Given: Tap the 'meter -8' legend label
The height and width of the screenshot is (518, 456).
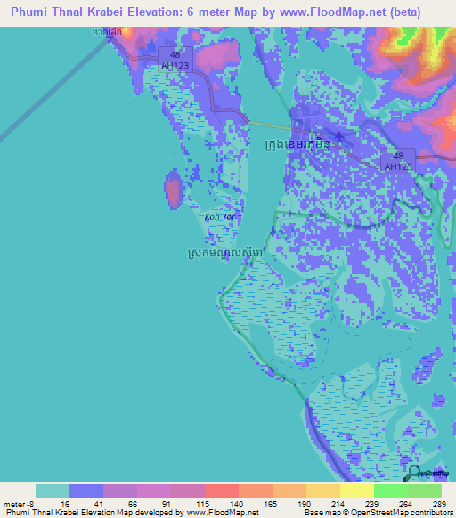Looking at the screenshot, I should point(20,503).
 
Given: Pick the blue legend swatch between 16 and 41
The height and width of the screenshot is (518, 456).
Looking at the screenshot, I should point(85,491).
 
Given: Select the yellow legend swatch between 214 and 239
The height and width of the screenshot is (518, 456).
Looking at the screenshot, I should point(356,491).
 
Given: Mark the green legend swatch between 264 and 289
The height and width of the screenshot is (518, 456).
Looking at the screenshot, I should point(424,491).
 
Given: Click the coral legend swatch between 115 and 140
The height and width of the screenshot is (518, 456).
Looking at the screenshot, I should point(221,491).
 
